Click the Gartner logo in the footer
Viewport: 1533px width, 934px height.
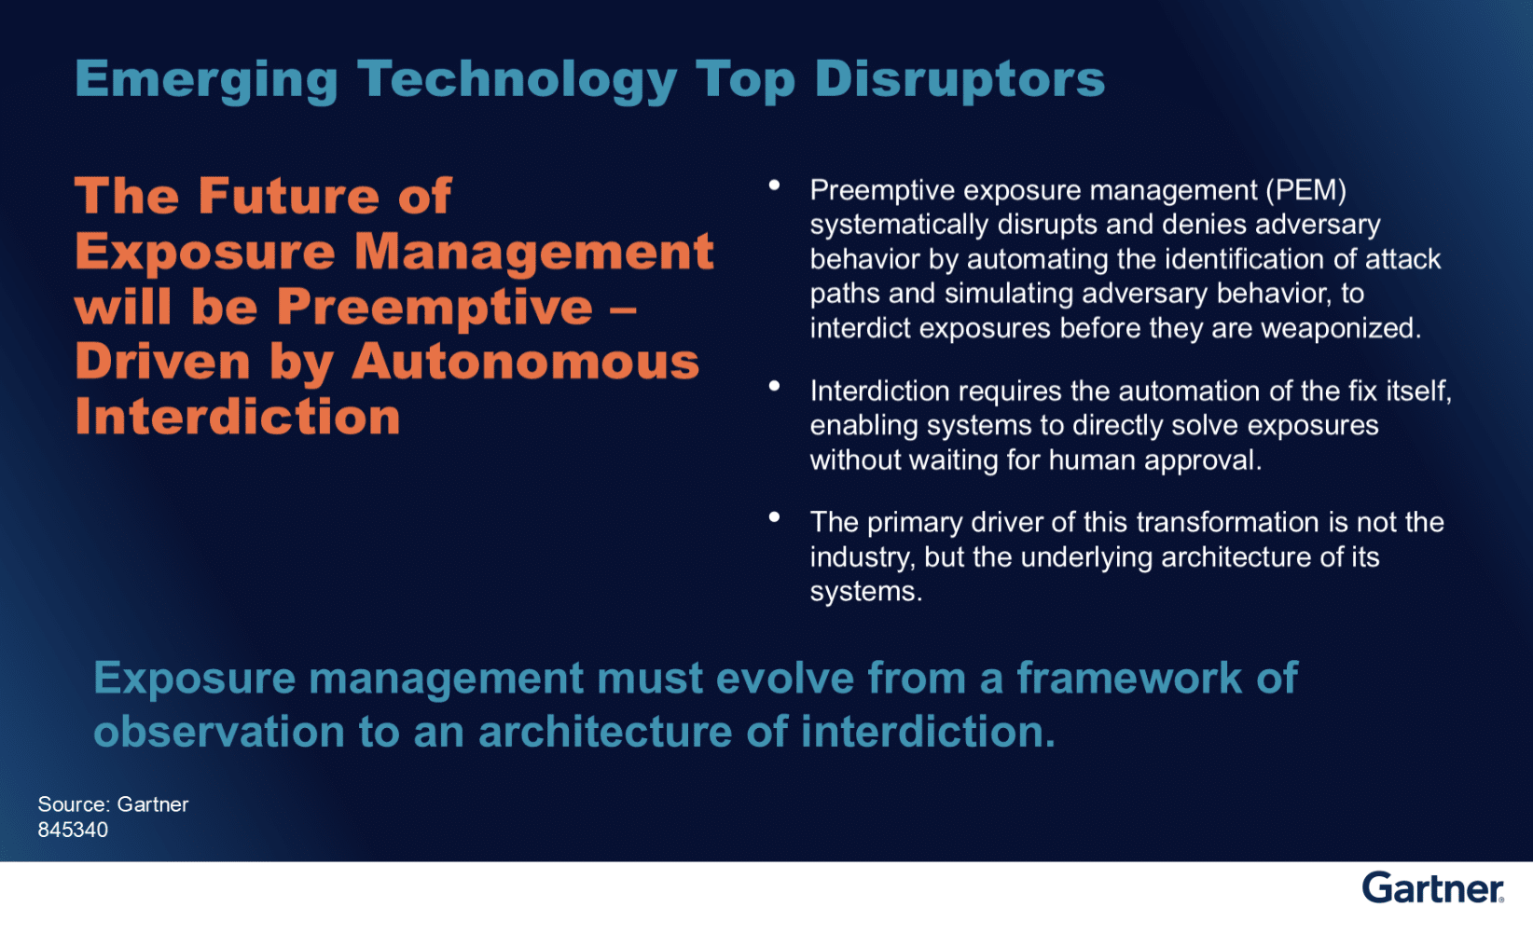(1432, 888)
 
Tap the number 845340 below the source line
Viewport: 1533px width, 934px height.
(73, 830)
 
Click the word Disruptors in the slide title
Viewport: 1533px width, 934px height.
(960, 79)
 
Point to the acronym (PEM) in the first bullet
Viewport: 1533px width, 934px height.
(1305, 190)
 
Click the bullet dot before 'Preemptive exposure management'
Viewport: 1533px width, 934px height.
(774, 185)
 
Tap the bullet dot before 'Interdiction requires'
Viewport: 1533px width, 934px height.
(774, 386)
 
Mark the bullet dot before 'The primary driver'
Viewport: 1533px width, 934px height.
(774, 516)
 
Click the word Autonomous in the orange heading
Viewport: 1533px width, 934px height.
(525, 361)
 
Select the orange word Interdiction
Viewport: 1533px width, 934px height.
(238, 416)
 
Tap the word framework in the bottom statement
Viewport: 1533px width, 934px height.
(1128, 678)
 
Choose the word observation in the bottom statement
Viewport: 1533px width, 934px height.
(218, 732)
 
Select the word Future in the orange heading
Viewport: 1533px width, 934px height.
(289, 196)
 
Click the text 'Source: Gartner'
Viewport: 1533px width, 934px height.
(113, 804)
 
